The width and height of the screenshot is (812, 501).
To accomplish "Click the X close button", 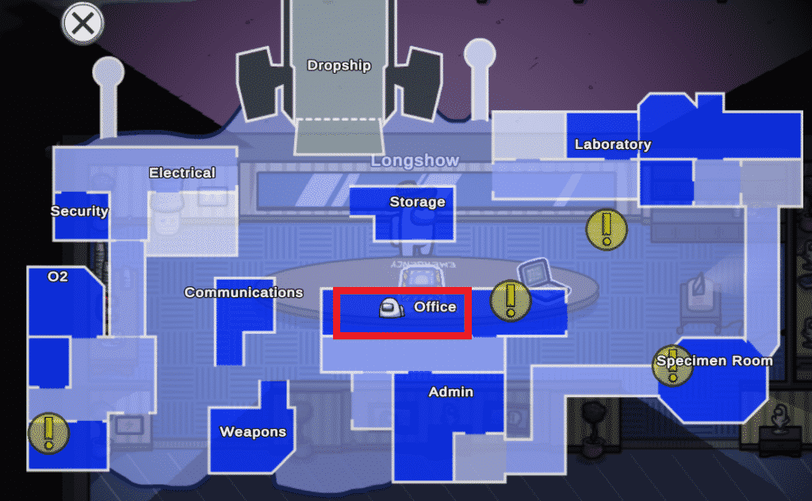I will (82, 23).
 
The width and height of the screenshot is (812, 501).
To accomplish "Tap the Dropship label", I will (339, 66).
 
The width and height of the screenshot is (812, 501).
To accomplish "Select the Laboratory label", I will (612, 144).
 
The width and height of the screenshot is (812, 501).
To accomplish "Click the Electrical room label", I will (182, 173).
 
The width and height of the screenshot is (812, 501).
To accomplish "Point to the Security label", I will (79, 212).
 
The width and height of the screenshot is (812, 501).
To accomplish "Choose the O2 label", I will (58, 277).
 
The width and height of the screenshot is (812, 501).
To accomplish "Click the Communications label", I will (243, 293).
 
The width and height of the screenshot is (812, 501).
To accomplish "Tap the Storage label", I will (417, 202).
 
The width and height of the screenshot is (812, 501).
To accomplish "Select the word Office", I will (435, 307).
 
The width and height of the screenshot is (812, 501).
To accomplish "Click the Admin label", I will (450, 392).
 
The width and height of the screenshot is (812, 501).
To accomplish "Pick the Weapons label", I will (252, 432).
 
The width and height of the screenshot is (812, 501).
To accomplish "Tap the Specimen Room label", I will (714, 361).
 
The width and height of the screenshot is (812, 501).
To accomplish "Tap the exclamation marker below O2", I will (48, 433).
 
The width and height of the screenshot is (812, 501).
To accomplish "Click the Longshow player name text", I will (415, 161).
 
